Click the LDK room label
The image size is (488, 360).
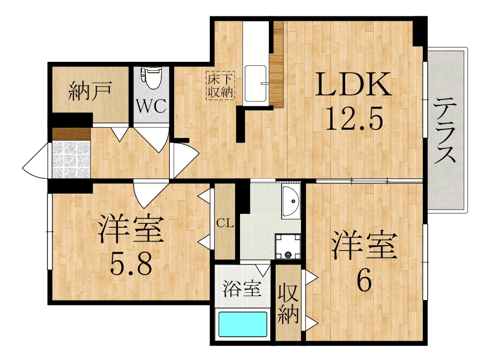point(353,84)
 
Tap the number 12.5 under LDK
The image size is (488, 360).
point(353,118)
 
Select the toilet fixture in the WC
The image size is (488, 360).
point(151,78)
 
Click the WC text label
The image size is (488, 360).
point(151,106)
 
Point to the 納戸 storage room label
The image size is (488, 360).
point(90,91)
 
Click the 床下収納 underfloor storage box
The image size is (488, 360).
point(221,86)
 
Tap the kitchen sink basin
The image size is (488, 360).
point(255,84)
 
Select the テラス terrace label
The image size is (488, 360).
point(444,130)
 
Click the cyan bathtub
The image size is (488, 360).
point(243,324)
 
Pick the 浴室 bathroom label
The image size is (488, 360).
point(242,289)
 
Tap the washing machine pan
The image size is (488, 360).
point(288,246)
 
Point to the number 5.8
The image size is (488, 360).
point(131,264)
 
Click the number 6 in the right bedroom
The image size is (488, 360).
point(364,279)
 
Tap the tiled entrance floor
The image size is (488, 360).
point(71,160)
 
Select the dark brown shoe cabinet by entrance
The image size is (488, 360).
point(71,134)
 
